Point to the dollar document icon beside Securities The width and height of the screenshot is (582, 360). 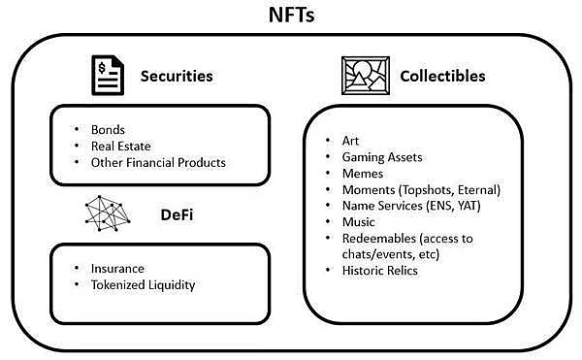(x=107, y=75)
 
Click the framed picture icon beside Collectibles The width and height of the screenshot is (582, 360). (x=365, y=75)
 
